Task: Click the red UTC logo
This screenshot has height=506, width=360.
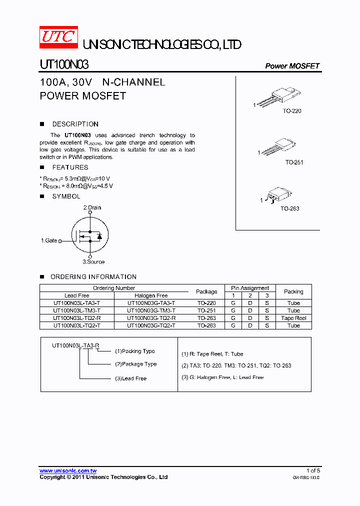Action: pyautogui.click(x=58, y=38)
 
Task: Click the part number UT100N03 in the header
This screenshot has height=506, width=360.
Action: pyautogui.click(x=64, y=65)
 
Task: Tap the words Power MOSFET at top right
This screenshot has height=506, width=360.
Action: pyautogui.click(x=292, y=66)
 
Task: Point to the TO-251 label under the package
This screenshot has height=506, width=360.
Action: pyautogui.click(x=294, y=162)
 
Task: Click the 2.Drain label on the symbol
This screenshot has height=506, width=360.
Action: pyautogui.click(x=92, y=207)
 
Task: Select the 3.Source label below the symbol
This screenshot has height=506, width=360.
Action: pyautogui.click(x=93, y=261)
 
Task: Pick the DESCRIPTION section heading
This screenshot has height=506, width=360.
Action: pyautogui.click(x=75, y=124)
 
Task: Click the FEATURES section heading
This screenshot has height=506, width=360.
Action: pyautogui.click(x=70, y=167)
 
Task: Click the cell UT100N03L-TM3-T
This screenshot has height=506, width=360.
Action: pyautogui.click(x=76, y=310)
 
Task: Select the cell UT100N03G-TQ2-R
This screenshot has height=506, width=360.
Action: pyautogui.click(x=151, y=318)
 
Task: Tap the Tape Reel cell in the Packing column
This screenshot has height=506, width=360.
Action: pyautogui.click(x=293, y=318)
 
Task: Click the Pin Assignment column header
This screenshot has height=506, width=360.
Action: pyautogui.click(x=250, y=288)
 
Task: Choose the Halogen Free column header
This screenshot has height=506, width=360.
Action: pyautogui.click(x=151, y=295)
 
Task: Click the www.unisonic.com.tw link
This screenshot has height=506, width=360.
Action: pyautogui.click(x=68, y=470)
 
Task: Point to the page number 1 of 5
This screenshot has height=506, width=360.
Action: pyautogui.click(x=313, y=470)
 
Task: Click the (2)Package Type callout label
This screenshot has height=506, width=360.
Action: pyautogui.click(x=135, y=364)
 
